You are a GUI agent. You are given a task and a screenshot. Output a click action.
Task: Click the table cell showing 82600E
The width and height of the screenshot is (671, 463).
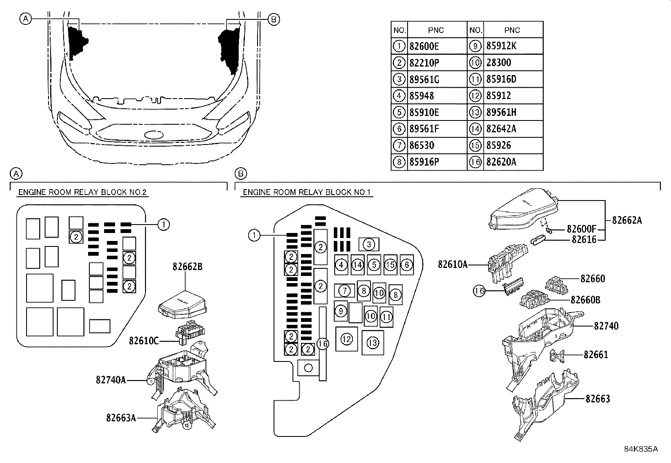[x=436, y=46]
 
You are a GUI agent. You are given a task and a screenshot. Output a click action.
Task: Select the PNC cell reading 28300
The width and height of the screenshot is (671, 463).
[x=513, y=63]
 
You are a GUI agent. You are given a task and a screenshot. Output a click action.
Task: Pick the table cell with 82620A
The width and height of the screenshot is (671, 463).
[x=513, y=162]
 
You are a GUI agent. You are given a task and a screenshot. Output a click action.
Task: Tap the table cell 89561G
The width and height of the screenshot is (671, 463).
[x=436, y=79]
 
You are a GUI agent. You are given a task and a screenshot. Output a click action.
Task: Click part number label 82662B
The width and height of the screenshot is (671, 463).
[x=187, y=267]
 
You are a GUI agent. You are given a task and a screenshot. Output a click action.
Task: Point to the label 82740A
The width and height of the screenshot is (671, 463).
[x=111, y=380]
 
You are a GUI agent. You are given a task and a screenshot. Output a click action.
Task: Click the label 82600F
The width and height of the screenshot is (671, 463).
[x=582, y=229]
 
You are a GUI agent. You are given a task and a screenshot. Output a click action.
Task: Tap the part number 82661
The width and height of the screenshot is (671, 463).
[x=596, y=355]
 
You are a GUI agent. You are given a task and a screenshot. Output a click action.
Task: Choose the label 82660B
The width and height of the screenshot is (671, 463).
[x=585, y=300]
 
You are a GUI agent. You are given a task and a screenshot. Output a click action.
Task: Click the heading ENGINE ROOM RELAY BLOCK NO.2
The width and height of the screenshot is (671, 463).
[x=83, y=193]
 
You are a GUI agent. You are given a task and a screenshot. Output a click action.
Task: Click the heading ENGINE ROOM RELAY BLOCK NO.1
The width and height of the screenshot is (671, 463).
[x=306, y=193]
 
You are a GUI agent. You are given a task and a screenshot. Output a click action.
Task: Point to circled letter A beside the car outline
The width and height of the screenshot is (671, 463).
[x=26, y=19]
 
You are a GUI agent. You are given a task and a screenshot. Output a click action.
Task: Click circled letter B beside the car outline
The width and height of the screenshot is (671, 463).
[x=273, y=19]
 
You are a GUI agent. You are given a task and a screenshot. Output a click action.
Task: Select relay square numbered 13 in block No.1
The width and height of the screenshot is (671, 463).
[x=373, y=343]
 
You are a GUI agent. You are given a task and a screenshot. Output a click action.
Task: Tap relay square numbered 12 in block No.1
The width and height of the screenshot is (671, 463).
[x=346, y=339]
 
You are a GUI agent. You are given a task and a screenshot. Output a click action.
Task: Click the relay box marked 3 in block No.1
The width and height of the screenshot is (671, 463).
[x=369, y=244]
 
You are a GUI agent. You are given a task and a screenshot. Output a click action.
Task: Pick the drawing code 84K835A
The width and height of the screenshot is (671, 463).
[x=641, y=449]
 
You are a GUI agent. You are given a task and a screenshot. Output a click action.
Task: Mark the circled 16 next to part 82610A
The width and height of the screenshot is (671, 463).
[x=479, y=291]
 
